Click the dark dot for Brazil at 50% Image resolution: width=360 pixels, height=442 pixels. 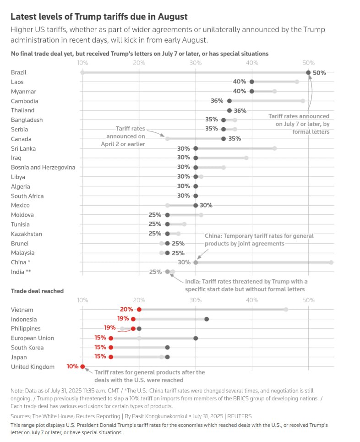pos(308,73)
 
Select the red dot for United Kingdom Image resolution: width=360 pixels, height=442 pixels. pos(82,366)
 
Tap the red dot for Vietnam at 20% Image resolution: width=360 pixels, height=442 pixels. pos(139,310)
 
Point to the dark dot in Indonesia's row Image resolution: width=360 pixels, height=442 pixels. pos(207,319)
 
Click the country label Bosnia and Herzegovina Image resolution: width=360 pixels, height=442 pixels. pos(43,168)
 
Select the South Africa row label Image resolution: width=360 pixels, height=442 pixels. pos(27,196)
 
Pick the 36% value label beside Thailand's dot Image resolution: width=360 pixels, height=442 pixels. pos(240,111)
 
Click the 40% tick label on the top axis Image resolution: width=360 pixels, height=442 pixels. pos(252,63)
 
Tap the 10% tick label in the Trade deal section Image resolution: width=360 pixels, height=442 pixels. pos(82,300)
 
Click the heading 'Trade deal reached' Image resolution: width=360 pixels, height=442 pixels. pos(37,291)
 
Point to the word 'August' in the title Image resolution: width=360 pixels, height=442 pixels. pos(173,16)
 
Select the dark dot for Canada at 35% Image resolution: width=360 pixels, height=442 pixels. pos(224,139)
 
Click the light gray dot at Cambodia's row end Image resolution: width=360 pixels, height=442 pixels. pos(303,101)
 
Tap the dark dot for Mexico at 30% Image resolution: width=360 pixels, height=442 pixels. pos(196,205)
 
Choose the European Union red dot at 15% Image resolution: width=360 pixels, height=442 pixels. pos(111,338)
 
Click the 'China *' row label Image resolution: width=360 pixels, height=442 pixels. pos(21,262)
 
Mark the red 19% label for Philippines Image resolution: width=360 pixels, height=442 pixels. pos(109,327)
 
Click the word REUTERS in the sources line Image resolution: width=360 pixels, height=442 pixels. pos(240,416)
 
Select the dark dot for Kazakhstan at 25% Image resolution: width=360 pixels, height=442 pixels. pos(168,234)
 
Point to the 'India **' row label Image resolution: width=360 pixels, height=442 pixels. pos(21,272)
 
